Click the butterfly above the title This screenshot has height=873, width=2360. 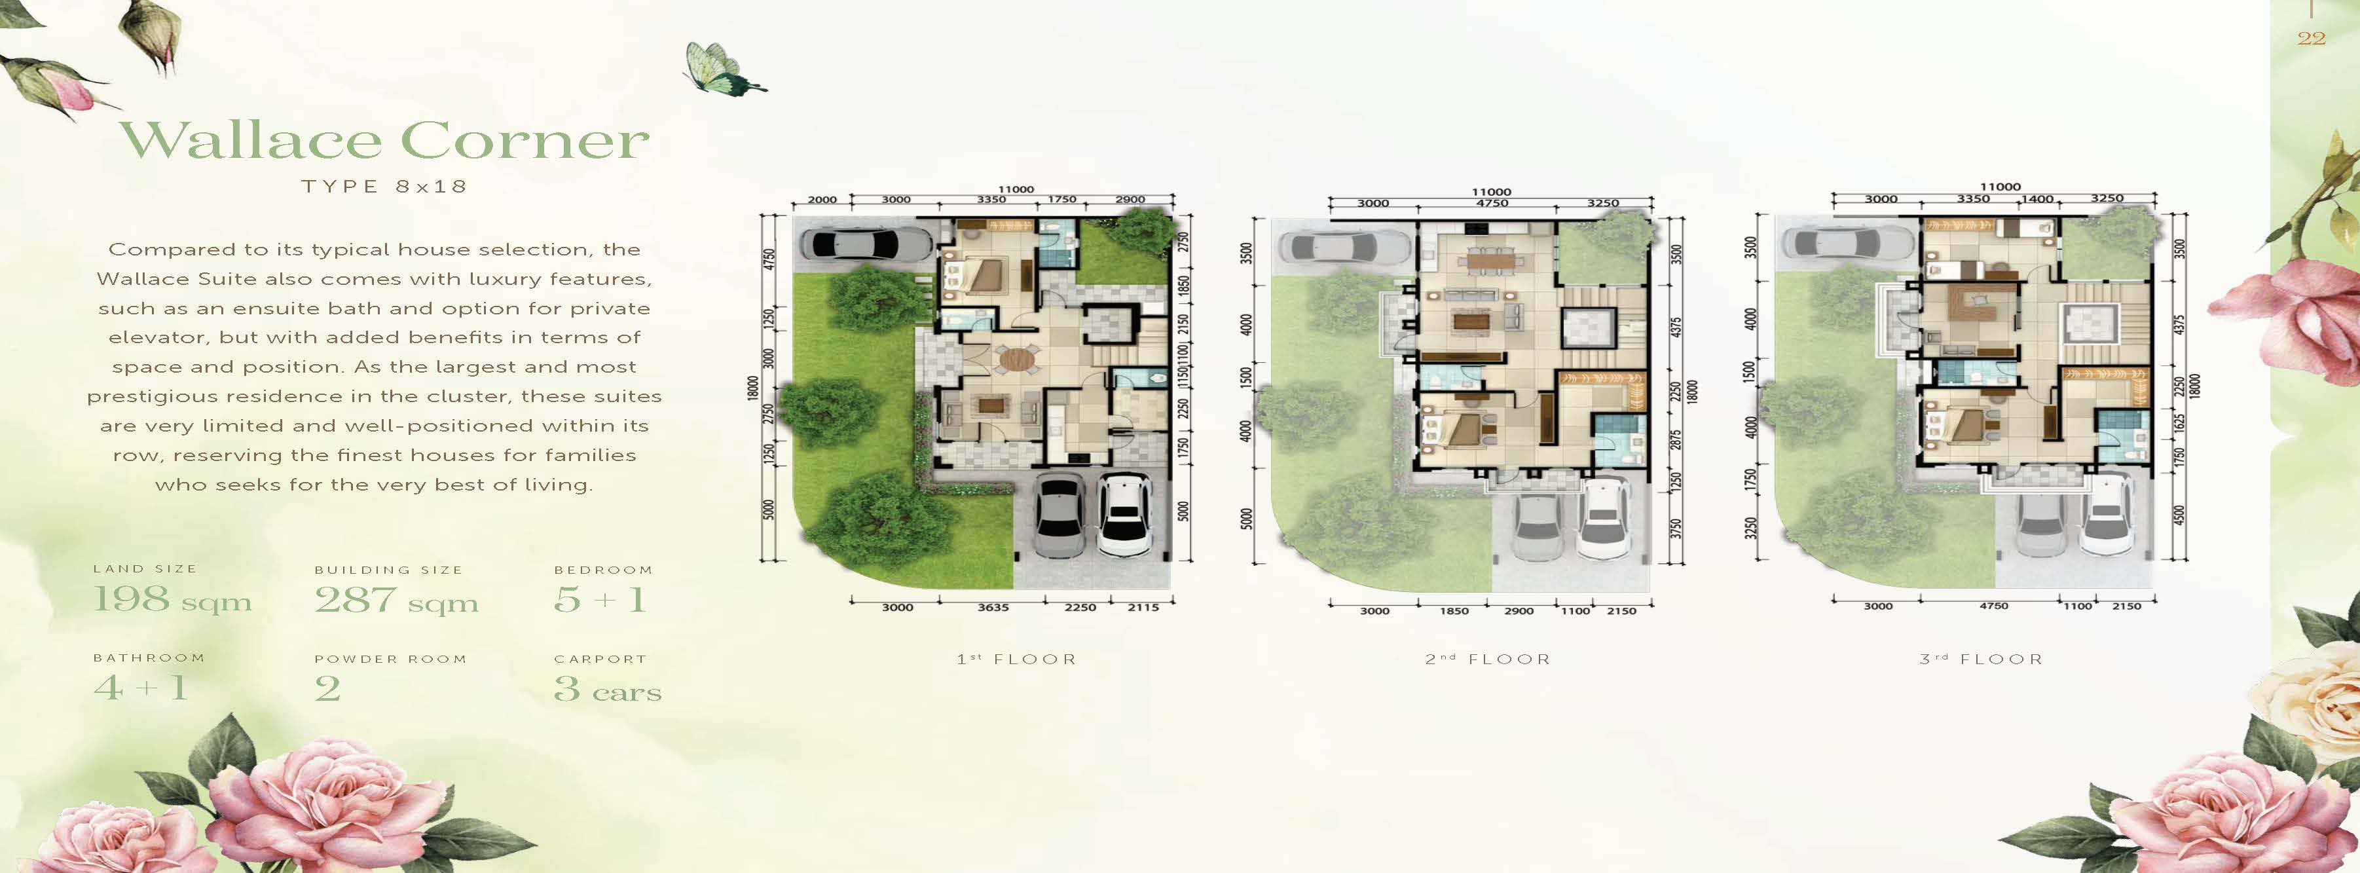click(x=723, y=68)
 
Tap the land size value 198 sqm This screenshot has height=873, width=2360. click(x=172, y=599)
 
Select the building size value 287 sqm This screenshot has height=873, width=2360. click(x=396, y=600)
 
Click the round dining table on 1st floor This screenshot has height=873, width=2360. click(x=1016, y=358)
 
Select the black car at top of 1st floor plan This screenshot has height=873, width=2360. click(x=865, y=244)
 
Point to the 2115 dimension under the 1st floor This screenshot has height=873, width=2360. click(x=1143, y=607)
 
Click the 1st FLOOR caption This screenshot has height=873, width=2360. click(x=1016, y=659)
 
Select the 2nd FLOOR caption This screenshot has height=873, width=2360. click(x=1488, y=659)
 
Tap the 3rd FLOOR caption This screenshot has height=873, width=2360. click(x=1981, y=659)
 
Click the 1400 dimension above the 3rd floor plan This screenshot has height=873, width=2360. click(x=2038, y=199)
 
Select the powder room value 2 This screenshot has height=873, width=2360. click(x=327, y=689)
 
